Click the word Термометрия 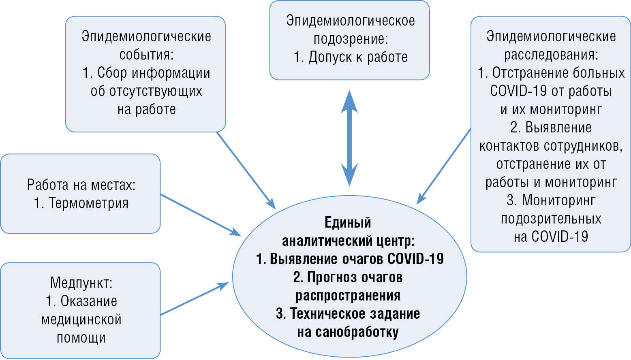coord(88,203)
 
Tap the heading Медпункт coord(81,283)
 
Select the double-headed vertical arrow coord(349,138)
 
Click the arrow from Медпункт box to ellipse coord(195,299)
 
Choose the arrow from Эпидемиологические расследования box coord(444,166)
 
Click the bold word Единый coord(348,222)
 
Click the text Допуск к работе coord(358,57)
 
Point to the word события coord(146,55)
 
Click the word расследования coord(550,55)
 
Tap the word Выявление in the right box coord(558,128)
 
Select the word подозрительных coord(551,219)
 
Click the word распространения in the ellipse coord(348,296)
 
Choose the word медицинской coord(81,320)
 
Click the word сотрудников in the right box coord(582,146)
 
